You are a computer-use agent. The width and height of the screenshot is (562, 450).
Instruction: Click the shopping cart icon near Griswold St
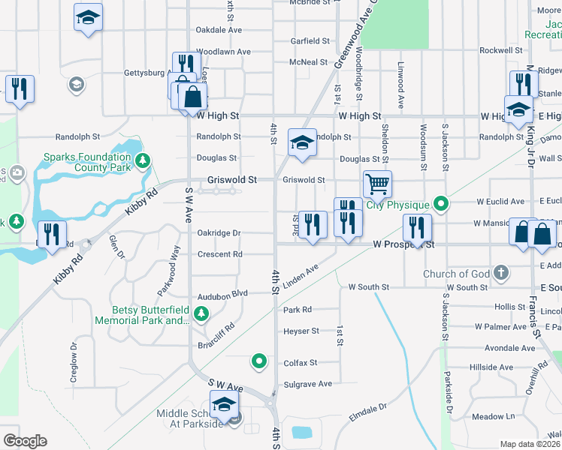[x=376, y=183]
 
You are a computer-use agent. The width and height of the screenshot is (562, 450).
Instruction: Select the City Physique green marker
[x=443, y=202]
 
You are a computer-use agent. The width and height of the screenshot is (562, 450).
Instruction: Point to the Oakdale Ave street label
[x=219, y=30]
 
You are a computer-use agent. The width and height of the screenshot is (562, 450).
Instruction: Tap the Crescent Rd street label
[x=219, y=254]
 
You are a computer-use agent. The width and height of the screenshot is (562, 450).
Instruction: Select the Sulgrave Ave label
[x=307, y=384]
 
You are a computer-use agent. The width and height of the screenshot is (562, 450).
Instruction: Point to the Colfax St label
[x=301, y=362]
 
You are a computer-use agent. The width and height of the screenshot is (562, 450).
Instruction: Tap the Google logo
[x=25, y=441]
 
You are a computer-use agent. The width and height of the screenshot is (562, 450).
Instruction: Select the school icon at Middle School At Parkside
[x=223, y=405]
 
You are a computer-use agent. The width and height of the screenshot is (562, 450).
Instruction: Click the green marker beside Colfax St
[x=259, y=361]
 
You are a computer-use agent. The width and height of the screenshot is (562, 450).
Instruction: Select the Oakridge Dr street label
[x=219, y=233]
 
